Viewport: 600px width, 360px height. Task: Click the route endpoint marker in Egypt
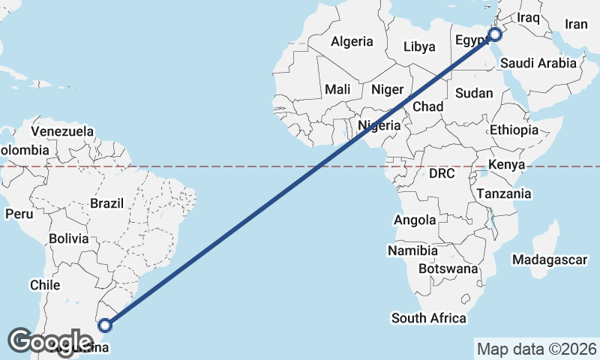coord(495,34)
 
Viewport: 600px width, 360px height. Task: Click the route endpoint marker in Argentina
coord(106,325)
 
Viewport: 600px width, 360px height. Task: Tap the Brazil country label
coord(106,203)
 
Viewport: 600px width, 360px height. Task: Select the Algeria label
coord(352,41)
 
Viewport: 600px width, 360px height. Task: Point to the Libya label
coord(419,47)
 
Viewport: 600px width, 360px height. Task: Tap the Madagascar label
coord(549,259)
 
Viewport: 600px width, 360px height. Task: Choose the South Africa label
coord(428,318)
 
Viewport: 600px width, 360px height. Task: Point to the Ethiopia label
coord(514,130)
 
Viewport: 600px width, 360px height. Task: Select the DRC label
coord(442,173)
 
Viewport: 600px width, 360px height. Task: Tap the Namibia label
coord(413,250)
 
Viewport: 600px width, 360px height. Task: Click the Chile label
coord(44,285)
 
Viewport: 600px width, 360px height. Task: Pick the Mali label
coord(337,89)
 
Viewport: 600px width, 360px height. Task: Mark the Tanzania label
coord(504,193)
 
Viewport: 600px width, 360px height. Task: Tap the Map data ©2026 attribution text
coord(536,349)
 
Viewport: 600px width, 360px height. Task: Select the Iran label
coord(576,25)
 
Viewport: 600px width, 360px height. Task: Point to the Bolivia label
coord(69,239)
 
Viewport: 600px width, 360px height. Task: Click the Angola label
coord(415,220)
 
